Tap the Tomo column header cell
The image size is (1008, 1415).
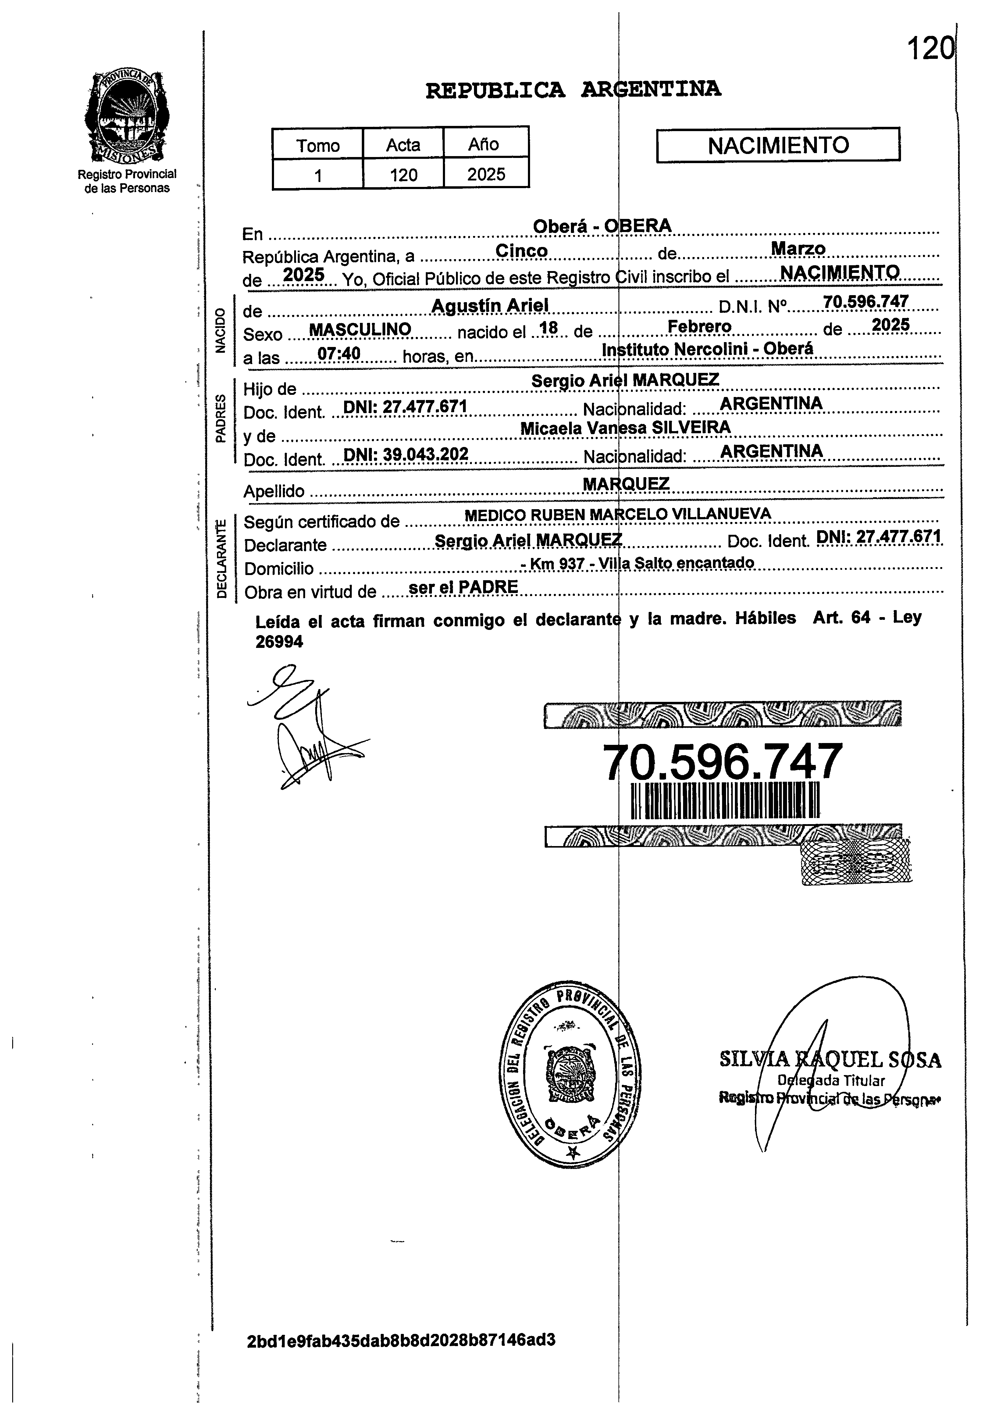[x=318, y=145]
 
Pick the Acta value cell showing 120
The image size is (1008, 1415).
[x=404, y=174]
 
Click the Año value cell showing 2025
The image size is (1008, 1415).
[x=486, y=174]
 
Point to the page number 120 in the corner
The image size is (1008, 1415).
[x=929, y=48]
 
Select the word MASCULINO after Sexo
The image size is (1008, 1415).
[x=360, y=329]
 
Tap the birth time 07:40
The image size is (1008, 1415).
[x=339, y=353]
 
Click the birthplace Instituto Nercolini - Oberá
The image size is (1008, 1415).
[x=707, y=349]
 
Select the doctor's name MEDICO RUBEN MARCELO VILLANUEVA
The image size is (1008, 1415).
[x=618, y=514]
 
